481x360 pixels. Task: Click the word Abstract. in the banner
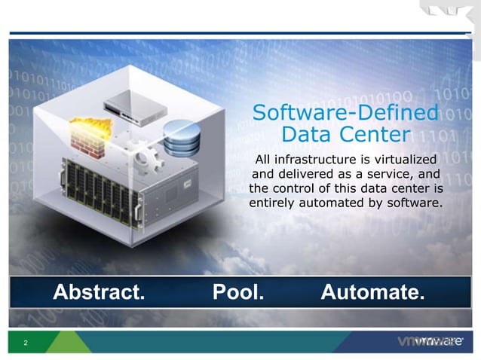(97, 291)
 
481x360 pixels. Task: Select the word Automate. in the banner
(372, 291)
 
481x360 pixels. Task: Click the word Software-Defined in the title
(345, 114)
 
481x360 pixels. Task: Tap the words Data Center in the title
(345, 136)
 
